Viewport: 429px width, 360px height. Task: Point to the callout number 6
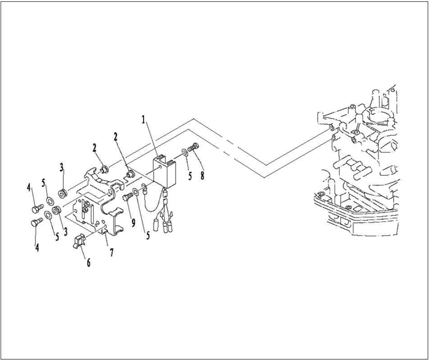88,263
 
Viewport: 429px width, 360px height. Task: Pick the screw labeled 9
128,196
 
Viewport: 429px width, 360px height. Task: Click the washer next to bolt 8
185,151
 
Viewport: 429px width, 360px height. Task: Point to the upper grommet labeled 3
63,192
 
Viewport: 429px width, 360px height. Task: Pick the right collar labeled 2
129,173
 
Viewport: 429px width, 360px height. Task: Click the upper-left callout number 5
43,182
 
